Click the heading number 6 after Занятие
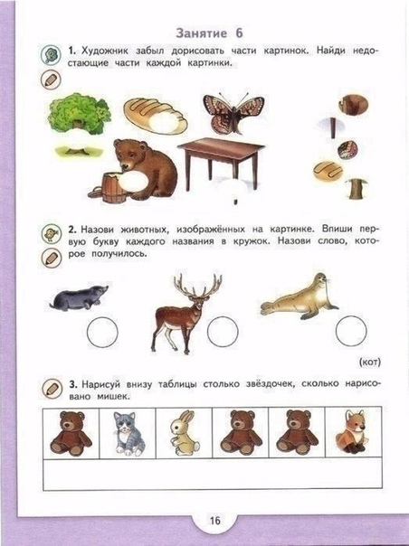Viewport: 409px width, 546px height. point(239,33)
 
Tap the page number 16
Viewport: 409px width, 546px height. point(215,520)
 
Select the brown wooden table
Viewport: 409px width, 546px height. point(222,164)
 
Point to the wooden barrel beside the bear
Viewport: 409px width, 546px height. point(112,188)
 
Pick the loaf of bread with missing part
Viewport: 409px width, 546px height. point(156,116)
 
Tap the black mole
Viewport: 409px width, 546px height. point(79,297)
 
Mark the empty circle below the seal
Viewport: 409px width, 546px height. point(351,331)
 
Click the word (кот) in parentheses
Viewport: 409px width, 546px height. point(369,362)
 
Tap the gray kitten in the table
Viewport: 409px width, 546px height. point(128,434)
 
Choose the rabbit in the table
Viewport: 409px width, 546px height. point(184,433)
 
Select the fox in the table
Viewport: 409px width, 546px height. point(351,432)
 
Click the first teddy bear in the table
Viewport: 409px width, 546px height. point(71,434)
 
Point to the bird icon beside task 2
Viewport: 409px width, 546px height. point(52,233)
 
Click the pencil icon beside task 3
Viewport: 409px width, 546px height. point(52,389)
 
